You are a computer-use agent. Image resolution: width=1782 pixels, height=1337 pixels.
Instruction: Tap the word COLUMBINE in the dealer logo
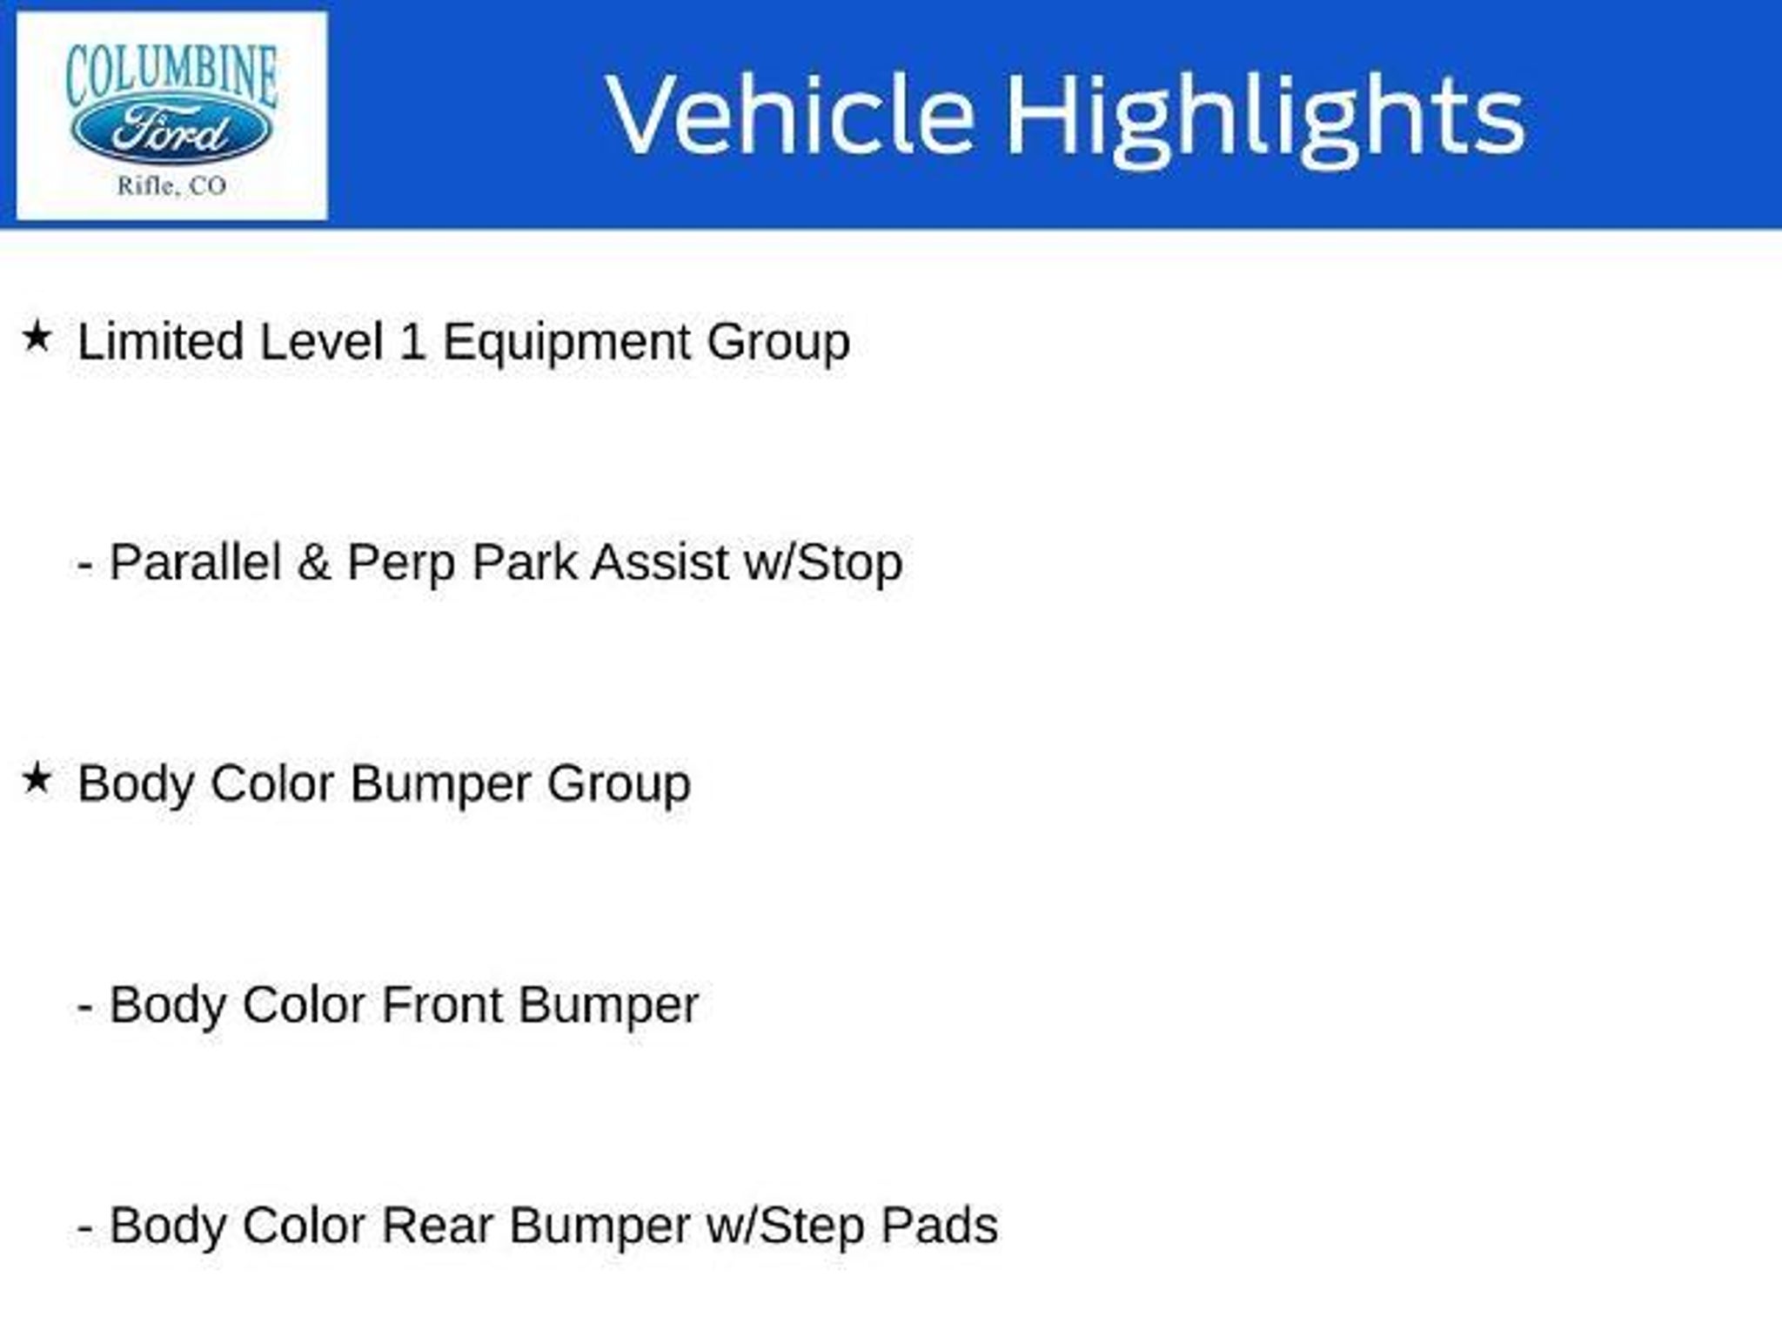[171, 74]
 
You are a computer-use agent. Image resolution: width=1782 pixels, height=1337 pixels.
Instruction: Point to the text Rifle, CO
[171, 185]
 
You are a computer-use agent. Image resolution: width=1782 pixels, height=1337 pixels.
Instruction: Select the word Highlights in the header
[1265, 120]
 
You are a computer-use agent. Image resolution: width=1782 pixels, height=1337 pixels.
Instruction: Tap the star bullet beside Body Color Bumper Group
[37, 778]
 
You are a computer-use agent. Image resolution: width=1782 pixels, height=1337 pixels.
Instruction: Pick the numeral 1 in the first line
[412, 341]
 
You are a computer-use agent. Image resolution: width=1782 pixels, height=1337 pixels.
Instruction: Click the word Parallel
[195, 561]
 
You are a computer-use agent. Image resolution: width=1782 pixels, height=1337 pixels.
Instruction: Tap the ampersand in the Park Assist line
[313, 562]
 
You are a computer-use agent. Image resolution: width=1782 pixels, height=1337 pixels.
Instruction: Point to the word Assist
[660, 561]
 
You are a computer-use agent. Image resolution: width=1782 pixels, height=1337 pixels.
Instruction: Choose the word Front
[442, 1004]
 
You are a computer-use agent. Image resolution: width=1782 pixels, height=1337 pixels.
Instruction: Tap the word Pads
[939, 1226]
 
